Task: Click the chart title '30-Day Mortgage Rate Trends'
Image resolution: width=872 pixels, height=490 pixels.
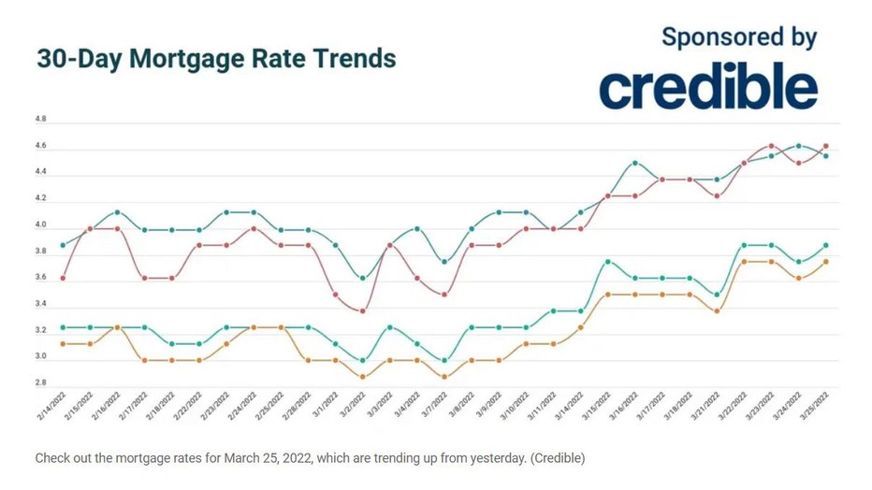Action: [216, 58]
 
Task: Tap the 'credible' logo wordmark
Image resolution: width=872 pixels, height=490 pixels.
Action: [708, 88]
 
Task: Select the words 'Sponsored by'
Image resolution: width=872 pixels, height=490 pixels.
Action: [739, 37]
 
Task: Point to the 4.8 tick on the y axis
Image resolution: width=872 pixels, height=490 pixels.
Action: [40, 122]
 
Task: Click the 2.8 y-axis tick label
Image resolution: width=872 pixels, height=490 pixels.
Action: [40, 383]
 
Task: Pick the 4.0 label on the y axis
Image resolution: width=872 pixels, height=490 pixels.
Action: [40, 226]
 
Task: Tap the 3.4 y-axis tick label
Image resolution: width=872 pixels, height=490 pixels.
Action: [40, 305]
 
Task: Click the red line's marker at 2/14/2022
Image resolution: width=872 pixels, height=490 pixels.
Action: [63, 278]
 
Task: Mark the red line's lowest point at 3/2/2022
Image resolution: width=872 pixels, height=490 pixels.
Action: [363, 310]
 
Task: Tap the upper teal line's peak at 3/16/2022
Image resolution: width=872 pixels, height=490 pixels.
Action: [634, 163]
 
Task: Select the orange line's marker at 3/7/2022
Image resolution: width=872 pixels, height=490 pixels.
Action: [444, 377]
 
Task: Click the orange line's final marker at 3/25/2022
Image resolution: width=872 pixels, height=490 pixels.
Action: [825, 262]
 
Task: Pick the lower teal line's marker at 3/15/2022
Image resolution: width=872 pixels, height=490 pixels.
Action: [607, 262]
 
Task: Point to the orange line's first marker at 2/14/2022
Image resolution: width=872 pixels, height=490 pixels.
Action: [63, 343]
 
